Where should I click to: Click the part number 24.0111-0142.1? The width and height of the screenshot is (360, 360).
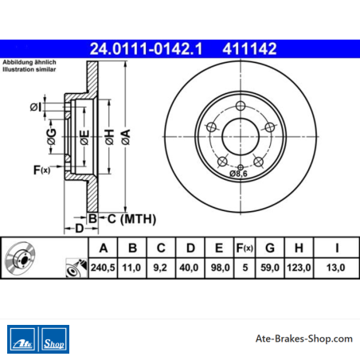pos(146,49)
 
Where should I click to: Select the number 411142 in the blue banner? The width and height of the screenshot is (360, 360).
pos(249,49)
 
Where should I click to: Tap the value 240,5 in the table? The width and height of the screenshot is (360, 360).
pos(103,268)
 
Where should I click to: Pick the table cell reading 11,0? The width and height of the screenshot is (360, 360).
pos(131,268)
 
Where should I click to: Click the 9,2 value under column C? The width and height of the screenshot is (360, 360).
pos(160,268)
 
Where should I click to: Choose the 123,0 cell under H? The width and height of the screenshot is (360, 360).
pos(299,268)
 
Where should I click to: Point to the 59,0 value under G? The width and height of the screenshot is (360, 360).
pos(270,268)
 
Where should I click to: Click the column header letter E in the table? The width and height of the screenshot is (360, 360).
pos(219,248)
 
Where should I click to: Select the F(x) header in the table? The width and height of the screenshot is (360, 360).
pos(245,248)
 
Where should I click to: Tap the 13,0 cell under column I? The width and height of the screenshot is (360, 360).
pos(336,268)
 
